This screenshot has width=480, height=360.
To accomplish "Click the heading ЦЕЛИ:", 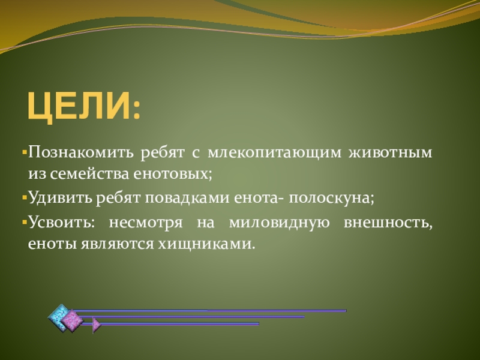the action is click(84, 106).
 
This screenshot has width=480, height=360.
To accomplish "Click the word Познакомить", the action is click(81, 152).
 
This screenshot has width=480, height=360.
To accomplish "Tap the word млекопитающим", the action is click(274, 153).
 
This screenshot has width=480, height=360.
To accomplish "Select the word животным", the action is click(391, 152).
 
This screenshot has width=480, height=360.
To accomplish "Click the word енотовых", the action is click(172, 175).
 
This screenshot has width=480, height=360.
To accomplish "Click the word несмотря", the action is click(146, 223).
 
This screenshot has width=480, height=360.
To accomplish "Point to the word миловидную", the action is click(279, 223).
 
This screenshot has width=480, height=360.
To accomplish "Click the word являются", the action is click(117, 245).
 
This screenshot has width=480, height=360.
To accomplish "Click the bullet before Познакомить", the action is click(25, 152).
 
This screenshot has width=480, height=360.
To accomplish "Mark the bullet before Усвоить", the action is click(25, 222).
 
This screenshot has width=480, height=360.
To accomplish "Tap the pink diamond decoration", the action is click(72, 320).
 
